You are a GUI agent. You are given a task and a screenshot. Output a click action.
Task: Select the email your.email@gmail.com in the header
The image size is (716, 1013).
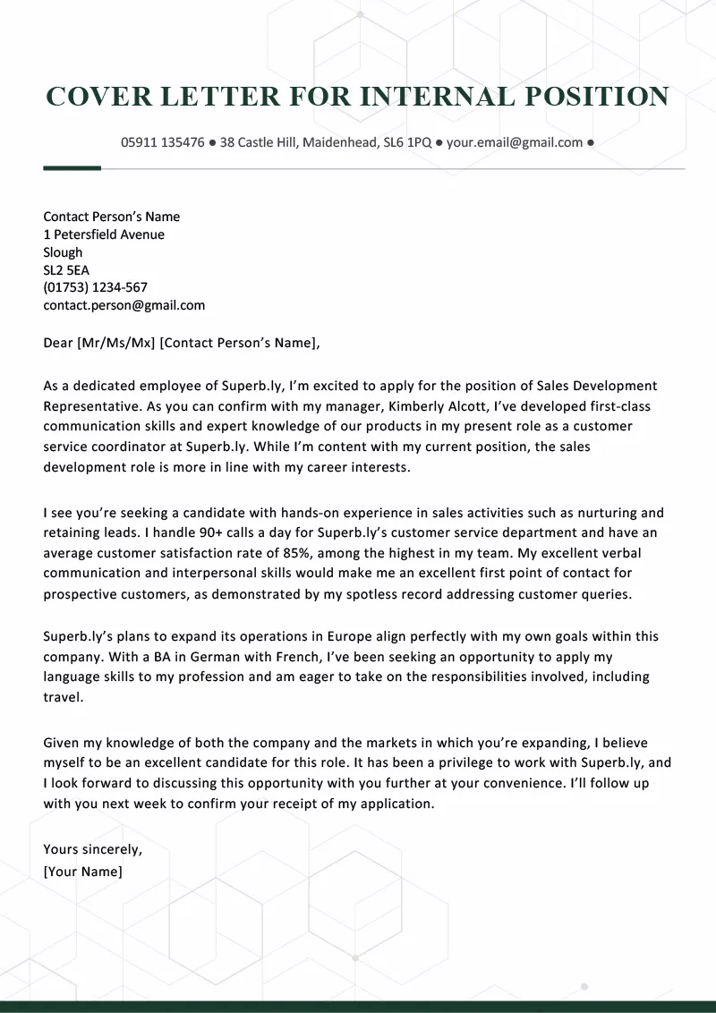click(515, 142)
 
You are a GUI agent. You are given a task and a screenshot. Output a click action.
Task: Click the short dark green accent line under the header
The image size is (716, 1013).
click(72, 167)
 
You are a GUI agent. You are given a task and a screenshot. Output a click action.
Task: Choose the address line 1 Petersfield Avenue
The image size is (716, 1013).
click(104, 234)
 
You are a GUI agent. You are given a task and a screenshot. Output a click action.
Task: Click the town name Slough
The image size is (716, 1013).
click(63, 252)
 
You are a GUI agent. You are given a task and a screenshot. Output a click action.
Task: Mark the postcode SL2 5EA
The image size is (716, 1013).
click(66, 270)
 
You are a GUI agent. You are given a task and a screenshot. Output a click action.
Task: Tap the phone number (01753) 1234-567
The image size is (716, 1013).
click(95, 287)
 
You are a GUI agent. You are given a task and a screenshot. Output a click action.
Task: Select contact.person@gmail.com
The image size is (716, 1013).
click(124, 305)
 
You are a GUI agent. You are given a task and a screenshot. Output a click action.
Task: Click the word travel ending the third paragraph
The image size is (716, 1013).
click(62, 696)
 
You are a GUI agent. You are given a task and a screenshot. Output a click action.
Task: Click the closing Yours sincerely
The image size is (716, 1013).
click(92, 849)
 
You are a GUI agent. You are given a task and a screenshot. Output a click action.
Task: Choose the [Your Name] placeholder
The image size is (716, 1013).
click(82, 871)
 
